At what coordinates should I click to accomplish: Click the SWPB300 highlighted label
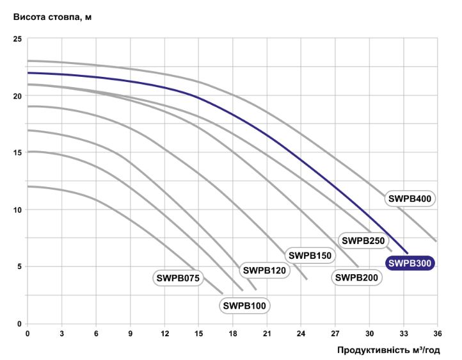[x=410, y=263]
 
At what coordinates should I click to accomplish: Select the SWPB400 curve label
[x=410, y=199]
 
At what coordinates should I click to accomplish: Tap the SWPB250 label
[x=362, y=241]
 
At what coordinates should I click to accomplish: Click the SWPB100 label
[x=244, y=306]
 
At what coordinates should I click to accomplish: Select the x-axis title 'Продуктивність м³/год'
[x=392, y=350]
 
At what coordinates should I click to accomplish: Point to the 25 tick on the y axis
[x=17, y=40]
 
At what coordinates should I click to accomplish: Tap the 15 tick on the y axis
[x=17, y=152]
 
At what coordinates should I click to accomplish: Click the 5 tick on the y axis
[x=19, y=266]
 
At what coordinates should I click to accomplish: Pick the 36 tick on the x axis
[x=438, y=334]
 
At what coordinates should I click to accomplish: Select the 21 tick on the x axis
[x=267, y=334]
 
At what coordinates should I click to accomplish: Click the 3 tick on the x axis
[x=61, y=334]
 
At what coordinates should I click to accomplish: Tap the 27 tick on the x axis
[x=335, y=334]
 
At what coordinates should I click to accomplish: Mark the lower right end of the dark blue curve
[x=406, y=252]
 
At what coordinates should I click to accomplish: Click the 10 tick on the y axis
[x=17, y=209]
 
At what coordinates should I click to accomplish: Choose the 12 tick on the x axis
[x=164, y=334]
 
